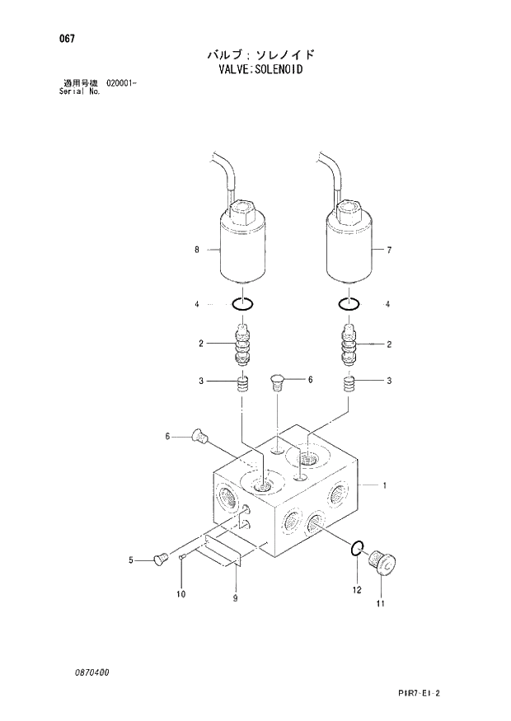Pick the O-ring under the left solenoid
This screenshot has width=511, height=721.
(x=241, y=304)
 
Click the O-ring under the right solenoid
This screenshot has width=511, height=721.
(x=349, y=304)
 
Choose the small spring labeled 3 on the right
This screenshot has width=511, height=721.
(x=350, y=383)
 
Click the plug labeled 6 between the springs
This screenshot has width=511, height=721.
(x=278, y=381)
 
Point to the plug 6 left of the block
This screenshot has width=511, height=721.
(x=198, y=438)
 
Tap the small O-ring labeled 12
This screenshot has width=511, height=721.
(x=355, y=550)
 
